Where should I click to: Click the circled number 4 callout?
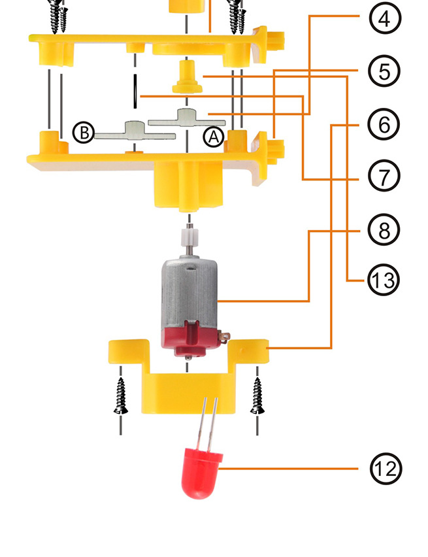(x=385, y=18)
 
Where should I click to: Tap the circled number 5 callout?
(x=384, y=71)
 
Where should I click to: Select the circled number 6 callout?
(x=384, y=124)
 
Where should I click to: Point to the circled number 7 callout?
(x=384, y=177)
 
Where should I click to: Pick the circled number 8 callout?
(x=384, y=230)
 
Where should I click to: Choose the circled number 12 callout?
(x=386, y=469)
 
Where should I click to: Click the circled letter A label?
(x=214, y=137)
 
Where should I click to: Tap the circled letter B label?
(x=84, y=132)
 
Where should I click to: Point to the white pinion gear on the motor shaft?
(x=189, y=238)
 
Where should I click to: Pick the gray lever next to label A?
(x=187, y=118)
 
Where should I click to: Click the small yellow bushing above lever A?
(x=187, y=76)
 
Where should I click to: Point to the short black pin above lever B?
(x=135, y=92)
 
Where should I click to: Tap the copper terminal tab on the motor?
(x=225, y=337)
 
